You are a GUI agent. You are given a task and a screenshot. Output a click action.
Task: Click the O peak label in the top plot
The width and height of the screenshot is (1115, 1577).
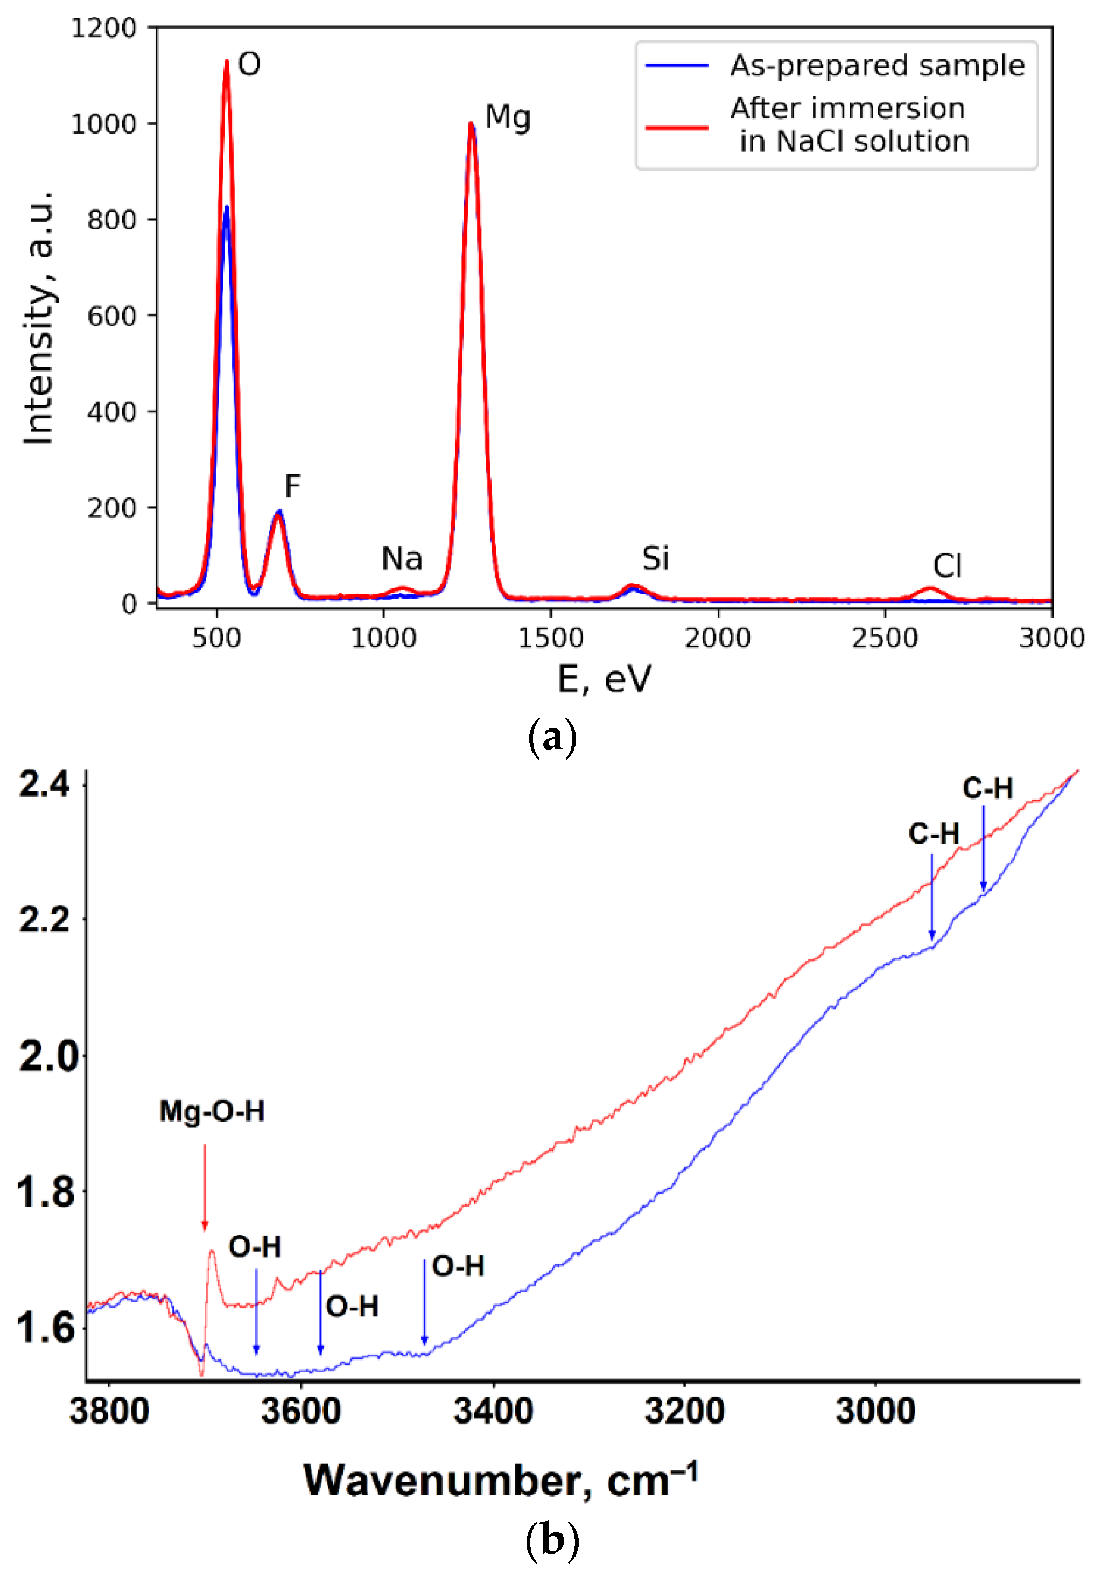pos(249,65)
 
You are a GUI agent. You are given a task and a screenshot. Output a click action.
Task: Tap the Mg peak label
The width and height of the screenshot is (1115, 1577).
pos(508,117)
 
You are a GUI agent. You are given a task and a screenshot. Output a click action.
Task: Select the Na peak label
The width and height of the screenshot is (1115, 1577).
pos(402,558)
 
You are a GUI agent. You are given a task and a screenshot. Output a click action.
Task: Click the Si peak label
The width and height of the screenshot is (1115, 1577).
pos(655,558)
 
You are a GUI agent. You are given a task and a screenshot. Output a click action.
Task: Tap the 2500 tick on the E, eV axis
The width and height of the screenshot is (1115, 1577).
pos(885,638)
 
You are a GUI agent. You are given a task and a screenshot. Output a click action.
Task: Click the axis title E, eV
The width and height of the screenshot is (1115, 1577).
pos(604,680)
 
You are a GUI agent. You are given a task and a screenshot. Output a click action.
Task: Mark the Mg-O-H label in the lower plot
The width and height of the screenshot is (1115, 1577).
pos(212,1111)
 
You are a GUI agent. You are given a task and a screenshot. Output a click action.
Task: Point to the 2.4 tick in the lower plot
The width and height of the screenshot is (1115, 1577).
pos(45,784)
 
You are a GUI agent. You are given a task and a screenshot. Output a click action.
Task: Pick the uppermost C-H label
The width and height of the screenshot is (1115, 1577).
pos(987,788)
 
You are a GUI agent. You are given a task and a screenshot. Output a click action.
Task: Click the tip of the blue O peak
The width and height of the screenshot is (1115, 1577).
pos(226,207)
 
